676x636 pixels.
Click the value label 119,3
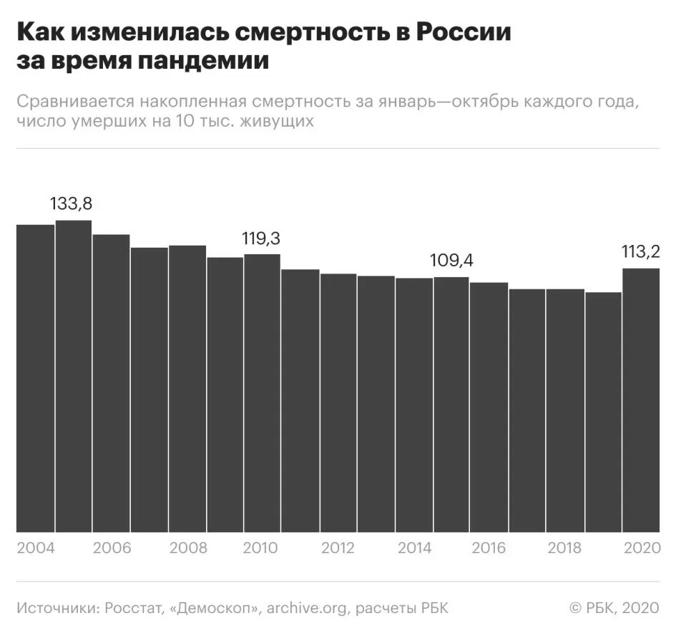point(261,239)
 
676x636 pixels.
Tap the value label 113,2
point(640,251)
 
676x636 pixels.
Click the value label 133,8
point(71,203)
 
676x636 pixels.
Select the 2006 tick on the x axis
point(111,549)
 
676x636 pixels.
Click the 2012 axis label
point(338,549)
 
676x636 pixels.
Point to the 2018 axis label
point(565,549)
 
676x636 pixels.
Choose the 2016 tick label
point(489,549)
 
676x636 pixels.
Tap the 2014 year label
point(413,549)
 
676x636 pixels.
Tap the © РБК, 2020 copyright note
point(613,608)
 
